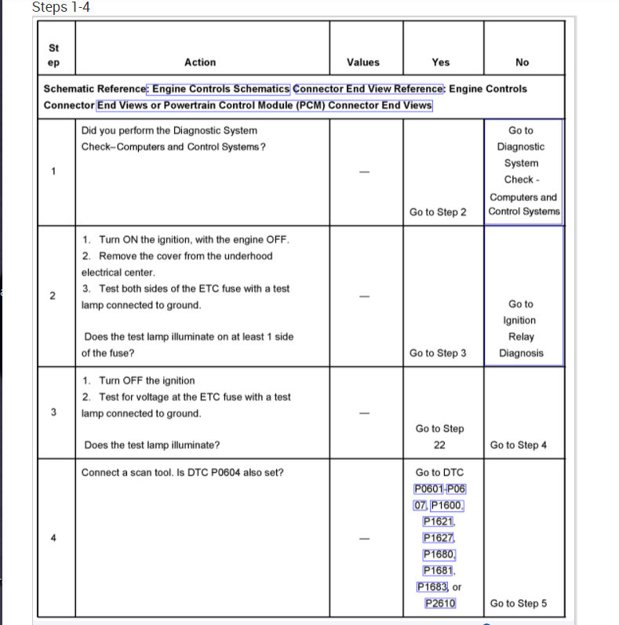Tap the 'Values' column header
click(x=362, y=62)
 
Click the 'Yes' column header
click(x=441, y=62)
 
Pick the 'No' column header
click(x=523, y=62)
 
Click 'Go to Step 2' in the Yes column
click(x=438, y=213)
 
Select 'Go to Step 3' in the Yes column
click(x=438, y=353)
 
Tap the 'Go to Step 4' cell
click(x=519, y=445)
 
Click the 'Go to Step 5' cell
click(x=519, y=603)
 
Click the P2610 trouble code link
click(x=440, y=603)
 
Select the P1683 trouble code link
click(x=432, y=587)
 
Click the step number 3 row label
click(x=53, y=412)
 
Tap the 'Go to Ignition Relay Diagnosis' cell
click(x=521, y=328)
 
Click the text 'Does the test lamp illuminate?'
click(x=151, y=445)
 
